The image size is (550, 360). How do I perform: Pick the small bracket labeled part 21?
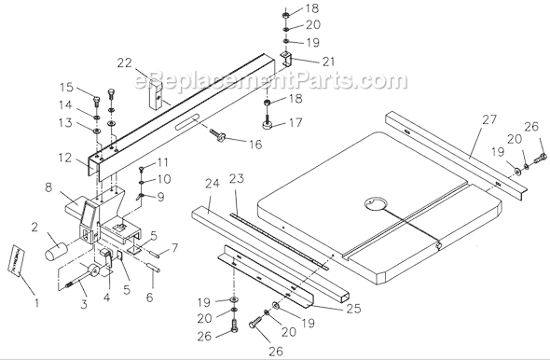286,61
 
